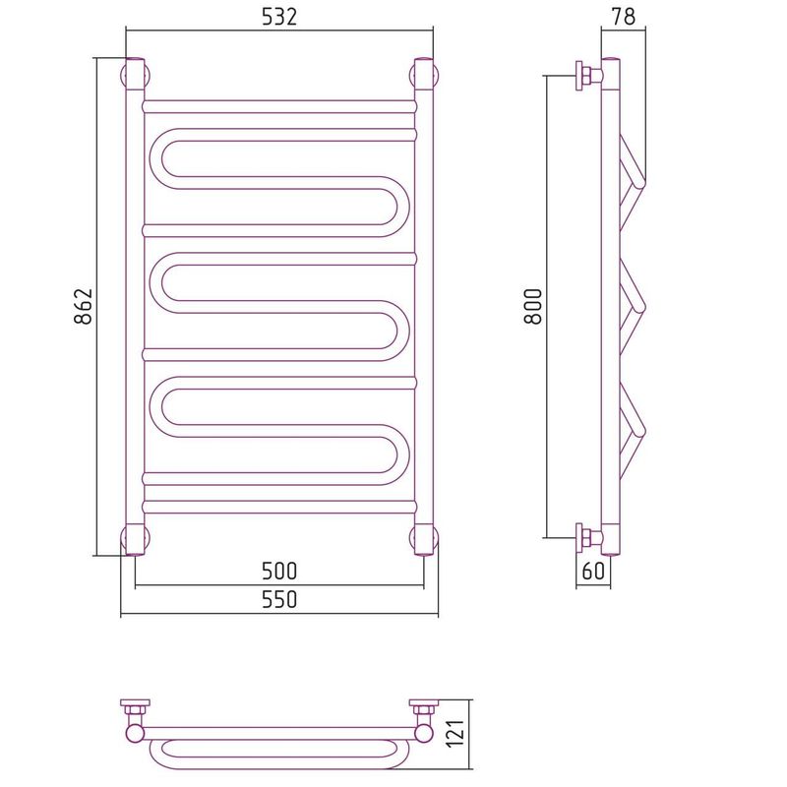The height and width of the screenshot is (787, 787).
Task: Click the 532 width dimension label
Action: pos(279,18)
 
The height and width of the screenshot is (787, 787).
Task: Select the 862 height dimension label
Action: pos(84,306)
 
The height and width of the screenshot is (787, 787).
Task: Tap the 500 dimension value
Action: pos(279,571)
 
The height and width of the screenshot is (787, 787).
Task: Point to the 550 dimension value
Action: pos(279,599)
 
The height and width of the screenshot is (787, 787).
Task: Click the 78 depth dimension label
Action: pos(624,17)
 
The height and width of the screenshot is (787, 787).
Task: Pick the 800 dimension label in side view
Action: pos(533,306)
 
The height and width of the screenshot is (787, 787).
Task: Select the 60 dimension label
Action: pos(593,571)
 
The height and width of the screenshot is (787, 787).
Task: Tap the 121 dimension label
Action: pos(456,733)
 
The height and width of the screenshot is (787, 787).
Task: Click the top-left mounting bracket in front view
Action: pos(135,75)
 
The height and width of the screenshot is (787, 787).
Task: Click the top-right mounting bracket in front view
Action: pos(425,75)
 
